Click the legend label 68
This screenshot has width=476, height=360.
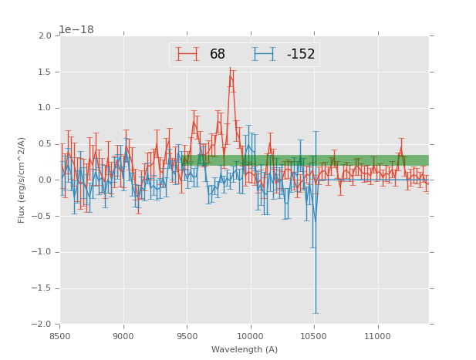pos(218,54)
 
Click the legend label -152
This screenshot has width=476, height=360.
pos(301,54)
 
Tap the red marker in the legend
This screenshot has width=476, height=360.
pos(187,54)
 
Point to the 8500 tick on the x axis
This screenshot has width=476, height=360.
pos(60,336)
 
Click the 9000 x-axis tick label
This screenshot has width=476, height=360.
pos(123,336)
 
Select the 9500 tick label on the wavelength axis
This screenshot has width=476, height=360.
pos(187,336)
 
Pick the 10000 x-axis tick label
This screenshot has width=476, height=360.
pos(250,336)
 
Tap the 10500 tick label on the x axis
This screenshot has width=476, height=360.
pos(313,336)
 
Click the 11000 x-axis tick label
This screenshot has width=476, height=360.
pos(377,336)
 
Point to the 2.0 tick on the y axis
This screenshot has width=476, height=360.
pos(44,36)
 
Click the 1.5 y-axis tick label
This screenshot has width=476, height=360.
pos(44,72)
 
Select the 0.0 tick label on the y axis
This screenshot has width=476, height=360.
pos(44,180)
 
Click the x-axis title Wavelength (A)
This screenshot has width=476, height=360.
pos(245,349)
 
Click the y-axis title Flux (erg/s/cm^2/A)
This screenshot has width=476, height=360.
pos(22,180)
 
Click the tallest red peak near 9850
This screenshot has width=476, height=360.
pos(230,75)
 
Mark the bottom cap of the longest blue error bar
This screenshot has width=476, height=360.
pos(315,313)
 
